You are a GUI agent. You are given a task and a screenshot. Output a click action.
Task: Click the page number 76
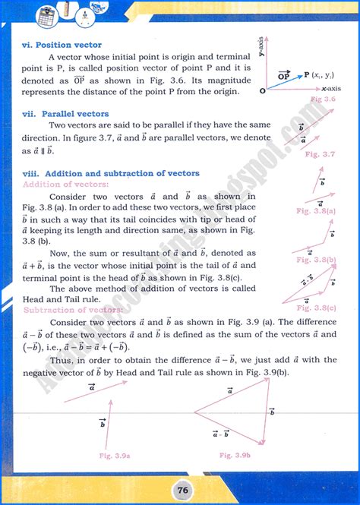tap(181, 486)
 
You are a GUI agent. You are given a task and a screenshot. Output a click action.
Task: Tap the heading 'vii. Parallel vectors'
tap(65, 114)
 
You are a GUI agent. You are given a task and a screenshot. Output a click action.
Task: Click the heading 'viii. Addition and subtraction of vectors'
tap(111, 173)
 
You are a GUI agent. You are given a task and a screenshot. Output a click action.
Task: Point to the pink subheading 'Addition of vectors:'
tap(65, 184)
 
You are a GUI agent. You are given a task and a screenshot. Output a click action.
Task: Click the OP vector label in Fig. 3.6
tap(284, 75)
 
